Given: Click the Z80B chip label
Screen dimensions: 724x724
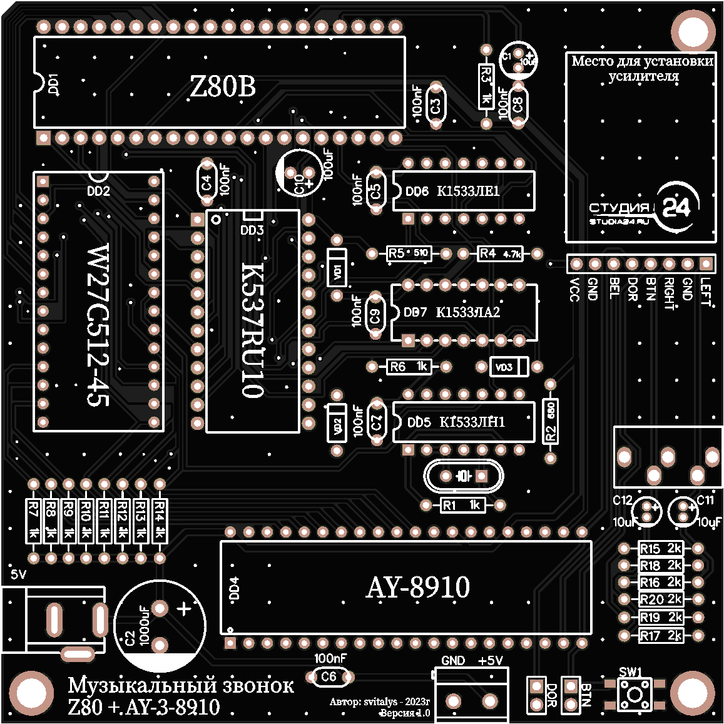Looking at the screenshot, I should tap(223, 87).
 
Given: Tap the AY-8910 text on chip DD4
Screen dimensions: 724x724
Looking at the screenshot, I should tap(418, 587).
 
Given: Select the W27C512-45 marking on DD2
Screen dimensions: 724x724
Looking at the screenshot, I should tap(98, 325).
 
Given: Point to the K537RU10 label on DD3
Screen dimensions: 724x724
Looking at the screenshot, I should tap(253, 330).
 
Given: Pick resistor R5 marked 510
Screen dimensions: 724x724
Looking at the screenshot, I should tap(408, 253).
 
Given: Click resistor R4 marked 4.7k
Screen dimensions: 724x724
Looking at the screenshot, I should tap(500, 253).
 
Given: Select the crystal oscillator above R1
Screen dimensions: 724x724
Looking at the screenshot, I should tap(463, 477).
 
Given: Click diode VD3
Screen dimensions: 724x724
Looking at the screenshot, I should tap(508, 367).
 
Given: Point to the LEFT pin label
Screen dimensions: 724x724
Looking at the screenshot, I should tap(706, 292).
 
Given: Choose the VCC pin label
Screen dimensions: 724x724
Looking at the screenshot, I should tap(575, 290).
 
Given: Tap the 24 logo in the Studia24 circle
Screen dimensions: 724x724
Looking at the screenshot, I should tap(676, 207).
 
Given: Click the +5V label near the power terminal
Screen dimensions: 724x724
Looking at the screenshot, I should tap(490, 661).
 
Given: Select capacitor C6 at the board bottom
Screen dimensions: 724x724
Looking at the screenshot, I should tap(329, 676).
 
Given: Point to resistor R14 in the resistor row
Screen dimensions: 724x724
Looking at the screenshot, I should tap(160, 521).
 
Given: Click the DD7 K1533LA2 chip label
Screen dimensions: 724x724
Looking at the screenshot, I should tap(452, 312).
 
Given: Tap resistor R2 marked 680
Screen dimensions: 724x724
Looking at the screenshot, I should tap(551, 421).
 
